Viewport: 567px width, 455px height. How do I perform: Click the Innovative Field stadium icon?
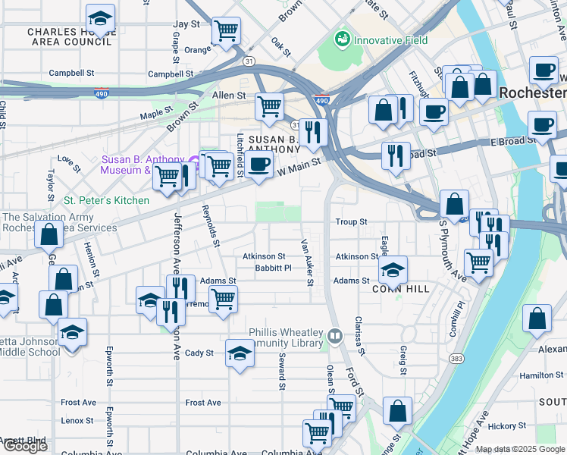(341, 40)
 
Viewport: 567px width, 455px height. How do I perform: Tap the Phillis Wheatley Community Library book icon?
(334, 334)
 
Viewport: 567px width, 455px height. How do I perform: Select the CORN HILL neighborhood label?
(401, 289)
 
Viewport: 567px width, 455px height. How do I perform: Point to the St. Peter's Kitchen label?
(106, 200)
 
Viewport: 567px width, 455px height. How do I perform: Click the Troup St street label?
(351, 222)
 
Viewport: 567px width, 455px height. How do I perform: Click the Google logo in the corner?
(25, 446)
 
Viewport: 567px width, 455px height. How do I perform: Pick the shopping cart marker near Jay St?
(226, 31)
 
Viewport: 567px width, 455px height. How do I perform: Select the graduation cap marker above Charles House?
(100, 17)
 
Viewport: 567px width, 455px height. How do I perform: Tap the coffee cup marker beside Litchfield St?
(259, 164)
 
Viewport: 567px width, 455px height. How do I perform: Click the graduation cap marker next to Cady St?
(240, 353)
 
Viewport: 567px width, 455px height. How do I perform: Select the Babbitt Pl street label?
(273, 268)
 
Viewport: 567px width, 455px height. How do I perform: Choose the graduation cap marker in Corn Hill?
(393, 268)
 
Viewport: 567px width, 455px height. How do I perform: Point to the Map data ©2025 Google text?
(519, 449)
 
